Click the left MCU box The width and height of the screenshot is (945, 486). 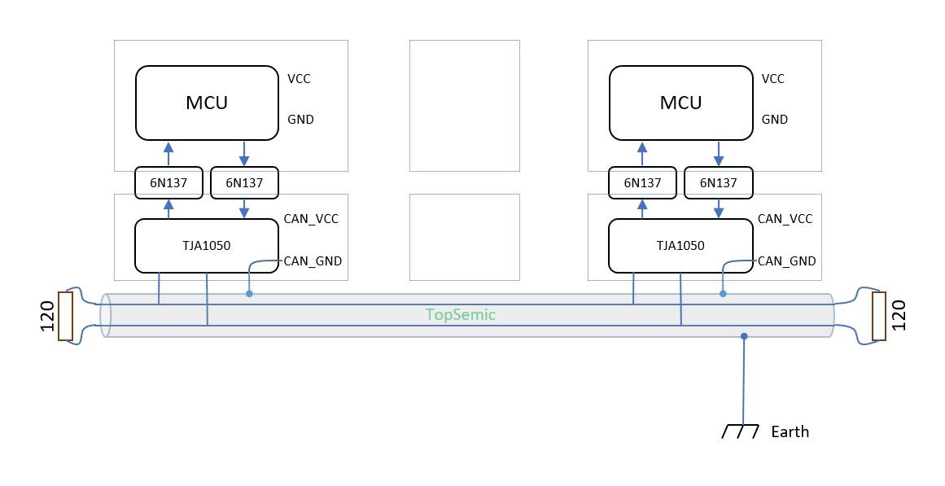(x=207, y=103)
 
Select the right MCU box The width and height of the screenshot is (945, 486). (x=680, y=103)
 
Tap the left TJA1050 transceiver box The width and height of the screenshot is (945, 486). (x=206, y=245)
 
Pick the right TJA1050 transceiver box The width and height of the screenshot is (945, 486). (x=680, y=245)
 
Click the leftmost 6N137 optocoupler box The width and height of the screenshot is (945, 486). (x=168, y=183)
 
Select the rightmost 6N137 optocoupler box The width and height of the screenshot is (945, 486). (x=719, y=183)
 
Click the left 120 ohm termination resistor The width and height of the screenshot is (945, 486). (x=65, y=316)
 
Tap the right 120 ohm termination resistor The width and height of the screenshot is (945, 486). (x=879, y=316)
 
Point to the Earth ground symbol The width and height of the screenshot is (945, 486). (x=740, y=431)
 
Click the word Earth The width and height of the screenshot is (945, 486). (x=790, y=431)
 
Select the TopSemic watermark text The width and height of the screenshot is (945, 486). (x=461, y=315)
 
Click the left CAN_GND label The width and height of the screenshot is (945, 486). (x=313, y=261)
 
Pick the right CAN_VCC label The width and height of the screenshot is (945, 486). (x=785, y=219)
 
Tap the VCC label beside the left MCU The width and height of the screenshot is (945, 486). (x=299, y=79)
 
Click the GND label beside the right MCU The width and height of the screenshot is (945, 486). (x=775, y=120)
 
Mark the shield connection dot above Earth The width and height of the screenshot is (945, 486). (x=744, y=336)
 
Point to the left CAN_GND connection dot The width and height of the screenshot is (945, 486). (x=249, y=293)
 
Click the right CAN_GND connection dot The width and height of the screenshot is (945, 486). (x=723, y=293)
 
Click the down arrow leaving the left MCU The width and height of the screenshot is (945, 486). (x=244, y=155)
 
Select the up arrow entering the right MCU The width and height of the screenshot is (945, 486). (x=642, y=153)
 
